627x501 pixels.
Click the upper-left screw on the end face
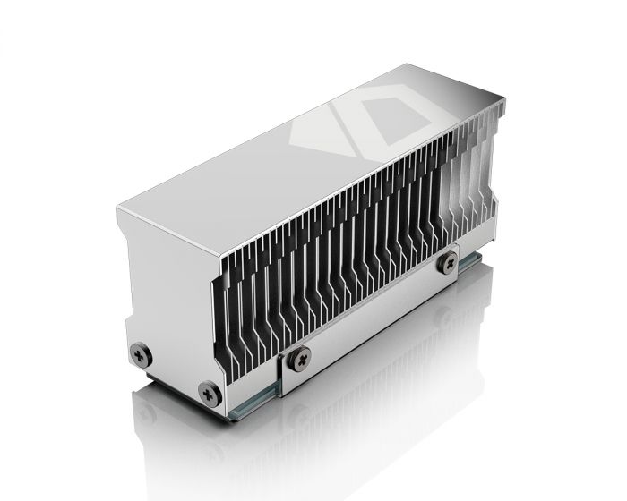(141, 354)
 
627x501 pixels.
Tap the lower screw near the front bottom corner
(209, 391)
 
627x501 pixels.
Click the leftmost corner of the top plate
(116, 208)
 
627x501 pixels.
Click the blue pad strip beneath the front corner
(246, 412)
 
